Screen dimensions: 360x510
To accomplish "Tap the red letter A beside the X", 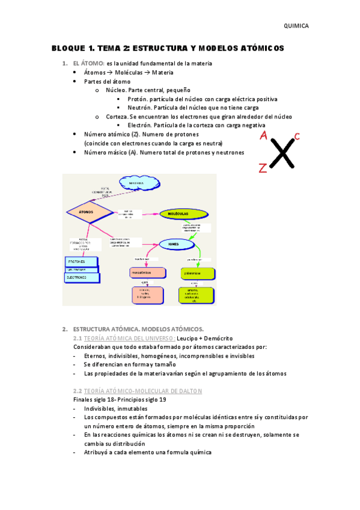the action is tap(263, 137).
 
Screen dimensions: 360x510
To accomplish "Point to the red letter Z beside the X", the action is tap(263, 168).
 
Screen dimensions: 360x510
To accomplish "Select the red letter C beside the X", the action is tap(297, 136).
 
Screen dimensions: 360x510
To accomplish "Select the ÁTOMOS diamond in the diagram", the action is tap(88, 212).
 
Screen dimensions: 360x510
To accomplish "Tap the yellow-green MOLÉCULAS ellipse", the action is tap(178, 214).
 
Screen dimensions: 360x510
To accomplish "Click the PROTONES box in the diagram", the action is tap(81, 262).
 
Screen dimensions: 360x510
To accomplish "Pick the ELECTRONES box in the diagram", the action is tap(81, 278).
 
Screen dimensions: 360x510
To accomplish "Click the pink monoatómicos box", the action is tap(147, 272).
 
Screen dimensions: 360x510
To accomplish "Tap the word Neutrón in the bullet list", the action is tap(140, 108).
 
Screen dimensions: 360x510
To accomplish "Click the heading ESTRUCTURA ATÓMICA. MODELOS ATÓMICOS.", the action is tap(138, 329).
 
